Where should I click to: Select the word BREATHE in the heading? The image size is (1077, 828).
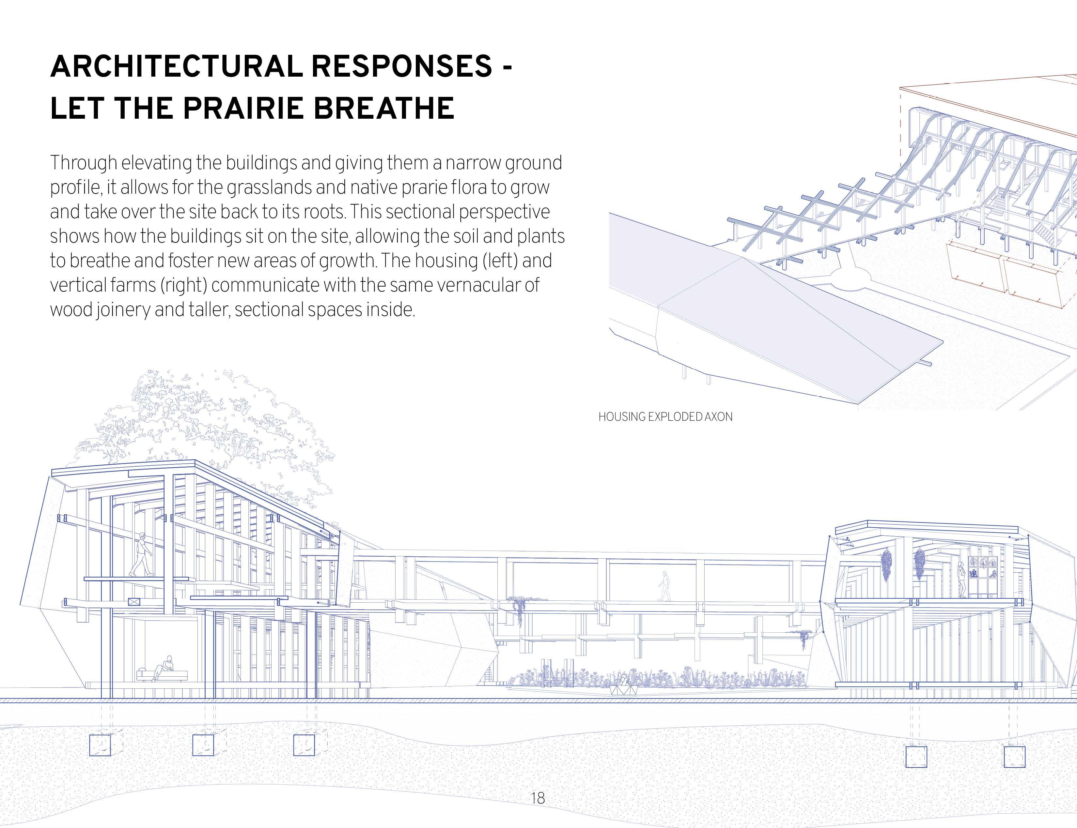pos(384,108)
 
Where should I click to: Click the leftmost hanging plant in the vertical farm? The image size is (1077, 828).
pos(886,564)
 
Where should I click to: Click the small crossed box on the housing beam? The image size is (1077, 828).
pos(133,602)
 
